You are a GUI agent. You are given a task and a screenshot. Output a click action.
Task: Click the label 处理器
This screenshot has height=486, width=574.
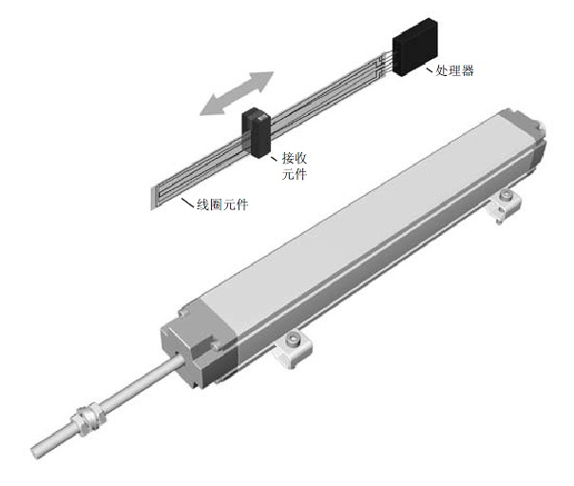[x=454, y=70]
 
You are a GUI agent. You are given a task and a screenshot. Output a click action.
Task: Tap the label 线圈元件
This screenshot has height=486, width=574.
[x=222, y=204]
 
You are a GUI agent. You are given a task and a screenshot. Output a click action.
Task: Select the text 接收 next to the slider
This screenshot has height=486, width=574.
[x=295, y=158]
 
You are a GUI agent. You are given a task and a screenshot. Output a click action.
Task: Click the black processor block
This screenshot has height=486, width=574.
[x=414, y=47]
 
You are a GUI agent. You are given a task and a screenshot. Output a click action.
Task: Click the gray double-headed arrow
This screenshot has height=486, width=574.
[x=237, y=93]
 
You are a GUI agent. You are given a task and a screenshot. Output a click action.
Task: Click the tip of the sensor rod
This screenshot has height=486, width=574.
[x=35, y=453]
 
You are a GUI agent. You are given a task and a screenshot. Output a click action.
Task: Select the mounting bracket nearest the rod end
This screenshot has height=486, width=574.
[x=292, y=350]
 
